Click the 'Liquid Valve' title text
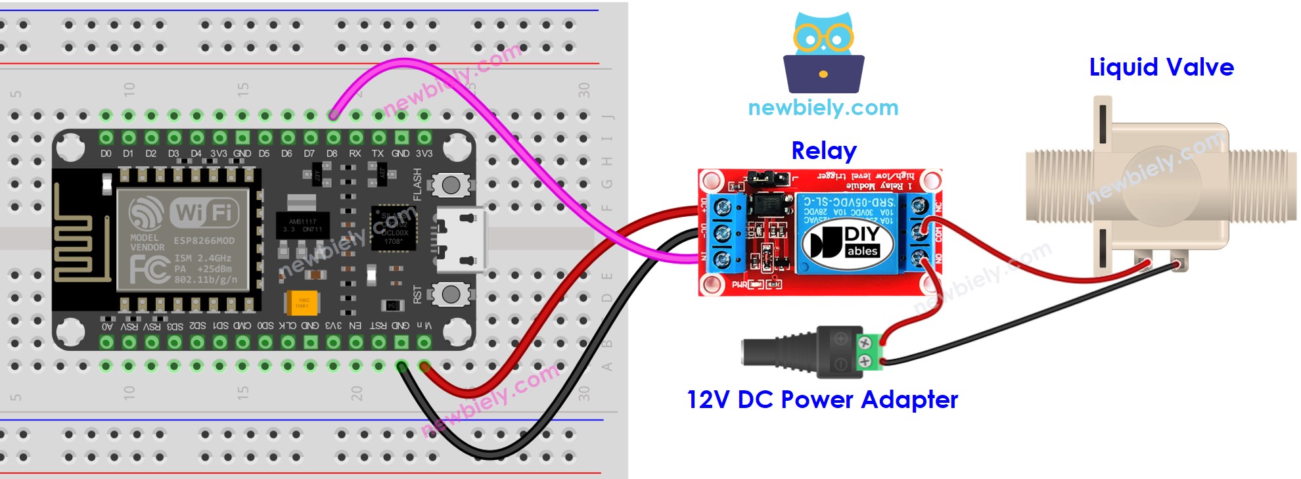1161,68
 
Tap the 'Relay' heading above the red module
823,151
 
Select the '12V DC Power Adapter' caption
822,399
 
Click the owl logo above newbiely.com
823,53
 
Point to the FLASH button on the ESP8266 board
451,185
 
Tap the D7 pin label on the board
309,154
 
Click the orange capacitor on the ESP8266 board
302,303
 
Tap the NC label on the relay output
938,207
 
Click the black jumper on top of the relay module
771,177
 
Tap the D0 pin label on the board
106,154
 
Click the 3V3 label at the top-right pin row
424,154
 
